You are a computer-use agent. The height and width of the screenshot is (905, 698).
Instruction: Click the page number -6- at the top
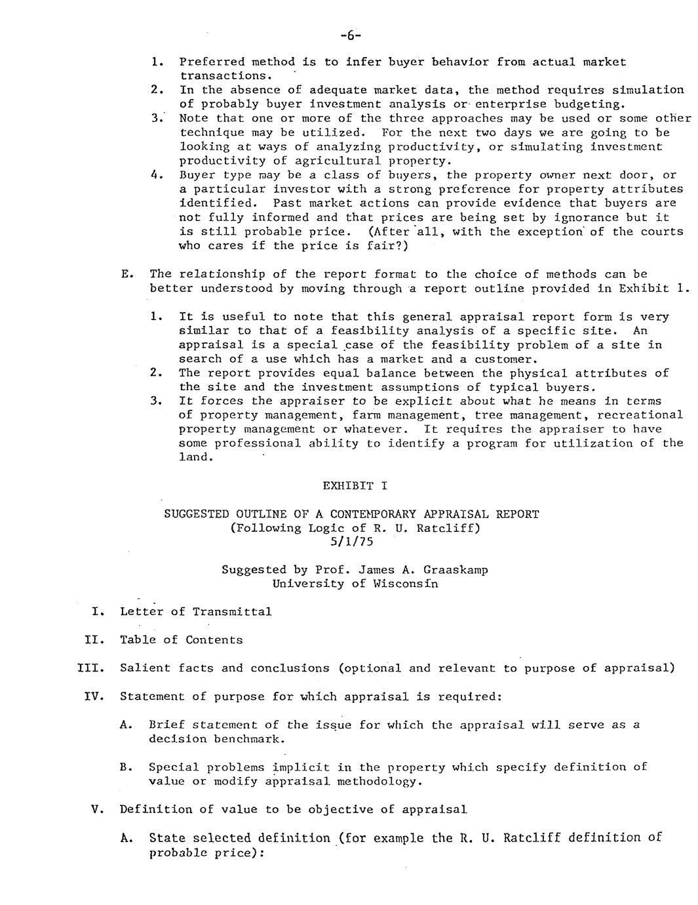coord(351,34)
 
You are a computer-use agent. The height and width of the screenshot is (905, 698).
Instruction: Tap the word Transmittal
coord(232,612)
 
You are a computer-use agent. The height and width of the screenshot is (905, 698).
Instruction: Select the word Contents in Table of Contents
coord(214,640)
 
